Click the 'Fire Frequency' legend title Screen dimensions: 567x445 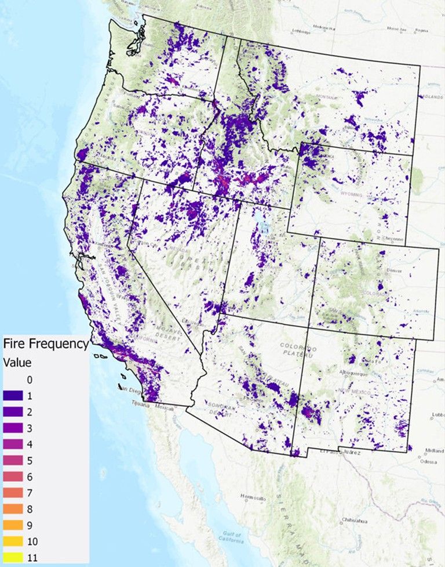coord(45,344)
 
